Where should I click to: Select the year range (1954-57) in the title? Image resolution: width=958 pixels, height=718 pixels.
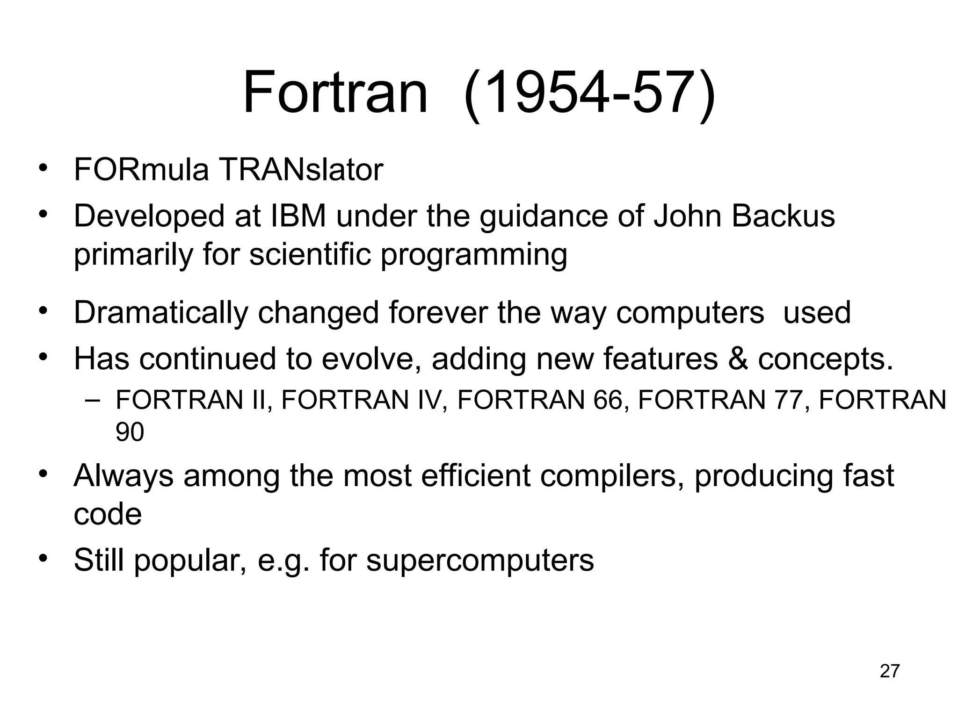(589, 93)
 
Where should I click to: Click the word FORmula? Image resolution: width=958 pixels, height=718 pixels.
(141, 170)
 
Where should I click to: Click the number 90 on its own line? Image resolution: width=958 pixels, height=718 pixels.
(130, 432)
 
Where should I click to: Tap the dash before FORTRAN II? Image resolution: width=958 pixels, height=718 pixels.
(93, 401)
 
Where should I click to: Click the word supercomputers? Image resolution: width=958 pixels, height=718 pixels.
(480, 560)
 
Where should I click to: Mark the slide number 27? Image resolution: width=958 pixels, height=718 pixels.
(890, 671)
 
